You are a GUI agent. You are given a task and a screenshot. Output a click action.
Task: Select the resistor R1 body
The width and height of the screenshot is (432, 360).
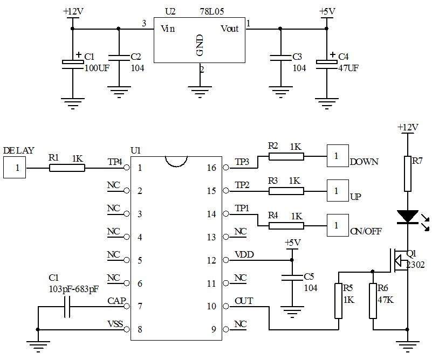67,168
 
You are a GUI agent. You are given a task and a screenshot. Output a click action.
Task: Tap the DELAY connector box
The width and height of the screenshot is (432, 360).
17,168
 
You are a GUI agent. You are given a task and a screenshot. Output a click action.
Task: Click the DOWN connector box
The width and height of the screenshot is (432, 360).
337,156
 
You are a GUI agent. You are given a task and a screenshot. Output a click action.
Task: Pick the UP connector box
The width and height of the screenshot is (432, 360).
337,191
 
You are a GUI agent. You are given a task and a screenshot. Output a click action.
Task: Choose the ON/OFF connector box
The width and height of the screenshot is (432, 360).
337,225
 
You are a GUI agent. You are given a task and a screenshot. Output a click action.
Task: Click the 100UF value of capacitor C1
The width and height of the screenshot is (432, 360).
98,68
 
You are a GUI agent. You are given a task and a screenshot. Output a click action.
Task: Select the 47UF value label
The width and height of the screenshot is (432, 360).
347,68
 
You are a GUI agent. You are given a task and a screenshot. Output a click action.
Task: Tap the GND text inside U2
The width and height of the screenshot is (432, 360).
200,47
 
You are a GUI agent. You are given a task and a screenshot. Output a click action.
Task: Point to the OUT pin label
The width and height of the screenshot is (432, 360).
243,300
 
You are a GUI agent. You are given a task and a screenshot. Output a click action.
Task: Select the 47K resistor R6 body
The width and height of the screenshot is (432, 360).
373,300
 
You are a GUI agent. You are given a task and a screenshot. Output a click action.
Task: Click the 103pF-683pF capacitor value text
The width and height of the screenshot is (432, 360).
73,289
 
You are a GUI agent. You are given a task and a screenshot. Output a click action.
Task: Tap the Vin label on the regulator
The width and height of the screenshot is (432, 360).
168,29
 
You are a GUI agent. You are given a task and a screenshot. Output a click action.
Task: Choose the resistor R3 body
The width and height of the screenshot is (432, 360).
286,191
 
